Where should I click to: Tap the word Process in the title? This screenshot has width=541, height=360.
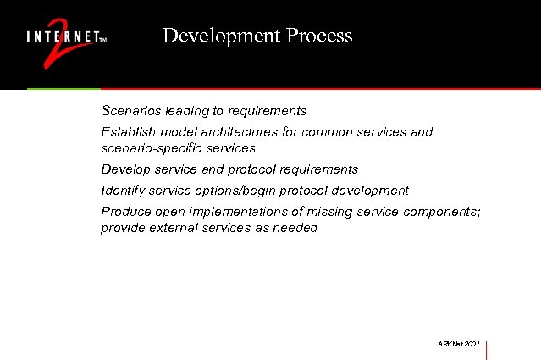pyautogui.click(x=319, y=36)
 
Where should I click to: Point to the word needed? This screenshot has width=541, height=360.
pyautogui.click(x=295, y=228)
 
